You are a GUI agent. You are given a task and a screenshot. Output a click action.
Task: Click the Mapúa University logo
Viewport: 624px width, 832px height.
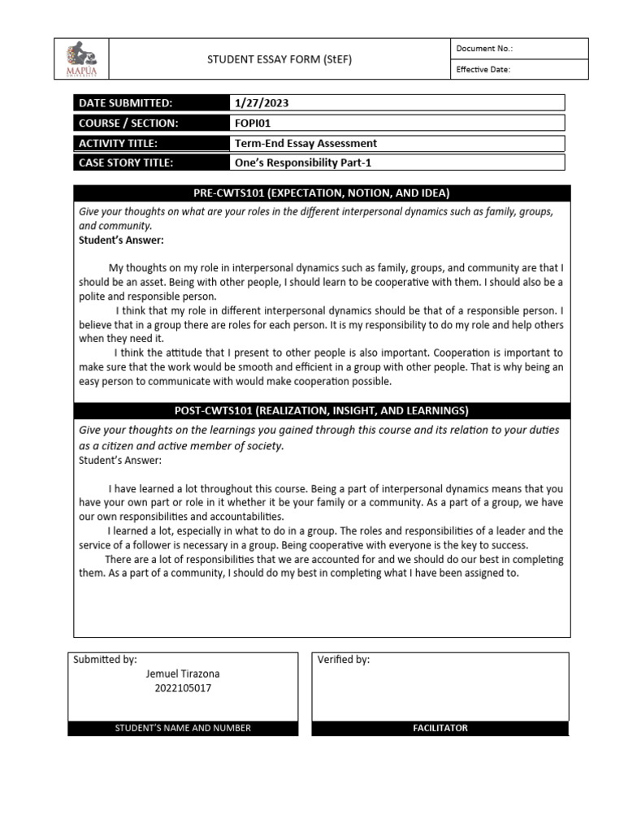pyautogui.click(x=81, y=59)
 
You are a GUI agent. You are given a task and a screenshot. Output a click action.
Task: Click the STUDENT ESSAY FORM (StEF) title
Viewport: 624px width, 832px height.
pyautogui.click(x=279, y=59)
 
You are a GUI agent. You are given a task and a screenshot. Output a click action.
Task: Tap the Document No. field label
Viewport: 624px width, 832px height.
pyautogui.click(x=484, y=49)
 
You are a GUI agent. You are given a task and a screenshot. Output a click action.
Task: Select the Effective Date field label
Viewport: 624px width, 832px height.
pyautogui.click(x=483, y=70)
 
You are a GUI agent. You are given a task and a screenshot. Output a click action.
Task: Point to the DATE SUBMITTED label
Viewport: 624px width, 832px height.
pyautogui.click(x=125, y=103)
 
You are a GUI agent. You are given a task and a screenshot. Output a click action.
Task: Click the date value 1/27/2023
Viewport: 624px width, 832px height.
pyautogui.click(x=262, y=103)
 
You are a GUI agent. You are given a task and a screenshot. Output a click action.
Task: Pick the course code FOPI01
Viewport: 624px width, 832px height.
pyautogui.click(x=253, y=123)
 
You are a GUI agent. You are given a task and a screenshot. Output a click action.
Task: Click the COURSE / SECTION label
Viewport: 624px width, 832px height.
pyautogui.click(x=128, y=123)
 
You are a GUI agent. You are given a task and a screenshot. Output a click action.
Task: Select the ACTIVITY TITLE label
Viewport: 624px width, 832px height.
pyautogui.click(x=118, y=144)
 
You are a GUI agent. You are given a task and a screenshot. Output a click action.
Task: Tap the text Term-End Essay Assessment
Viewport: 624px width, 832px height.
pyautogui.click(x=305, y=144)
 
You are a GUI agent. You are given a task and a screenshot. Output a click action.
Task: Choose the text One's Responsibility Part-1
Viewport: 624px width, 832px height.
pyautogui.click(x=302, y=162)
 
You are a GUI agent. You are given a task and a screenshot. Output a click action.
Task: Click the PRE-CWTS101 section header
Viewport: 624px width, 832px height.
pyautogui.click(x=322, y=193)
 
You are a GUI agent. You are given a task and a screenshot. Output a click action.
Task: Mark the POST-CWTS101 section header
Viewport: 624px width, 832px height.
pyautogui.click(x=322, y=410)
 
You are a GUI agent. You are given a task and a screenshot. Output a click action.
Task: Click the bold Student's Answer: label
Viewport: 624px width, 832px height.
pyautogui.click(x=121, y=240)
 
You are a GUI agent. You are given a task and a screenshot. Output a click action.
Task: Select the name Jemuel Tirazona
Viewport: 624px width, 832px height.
pyautogui.click(x=183, y=674)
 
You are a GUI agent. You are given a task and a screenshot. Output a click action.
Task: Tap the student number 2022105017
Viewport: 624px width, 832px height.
pyautogui.click(x=182, y=688)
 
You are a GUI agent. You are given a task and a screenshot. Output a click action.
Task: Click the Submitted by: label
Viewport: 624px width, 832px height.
pyautogui.click(x=105, y=660)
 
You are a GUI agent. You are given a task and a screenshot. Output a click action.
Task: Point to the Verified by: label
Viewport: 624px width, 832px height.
pyautogui.click(x=344, y=660)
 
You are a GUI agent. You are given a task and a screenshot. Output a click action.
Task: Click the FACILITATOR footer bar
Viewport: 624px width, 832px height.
pyautogui.click(x=440, y=728)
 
